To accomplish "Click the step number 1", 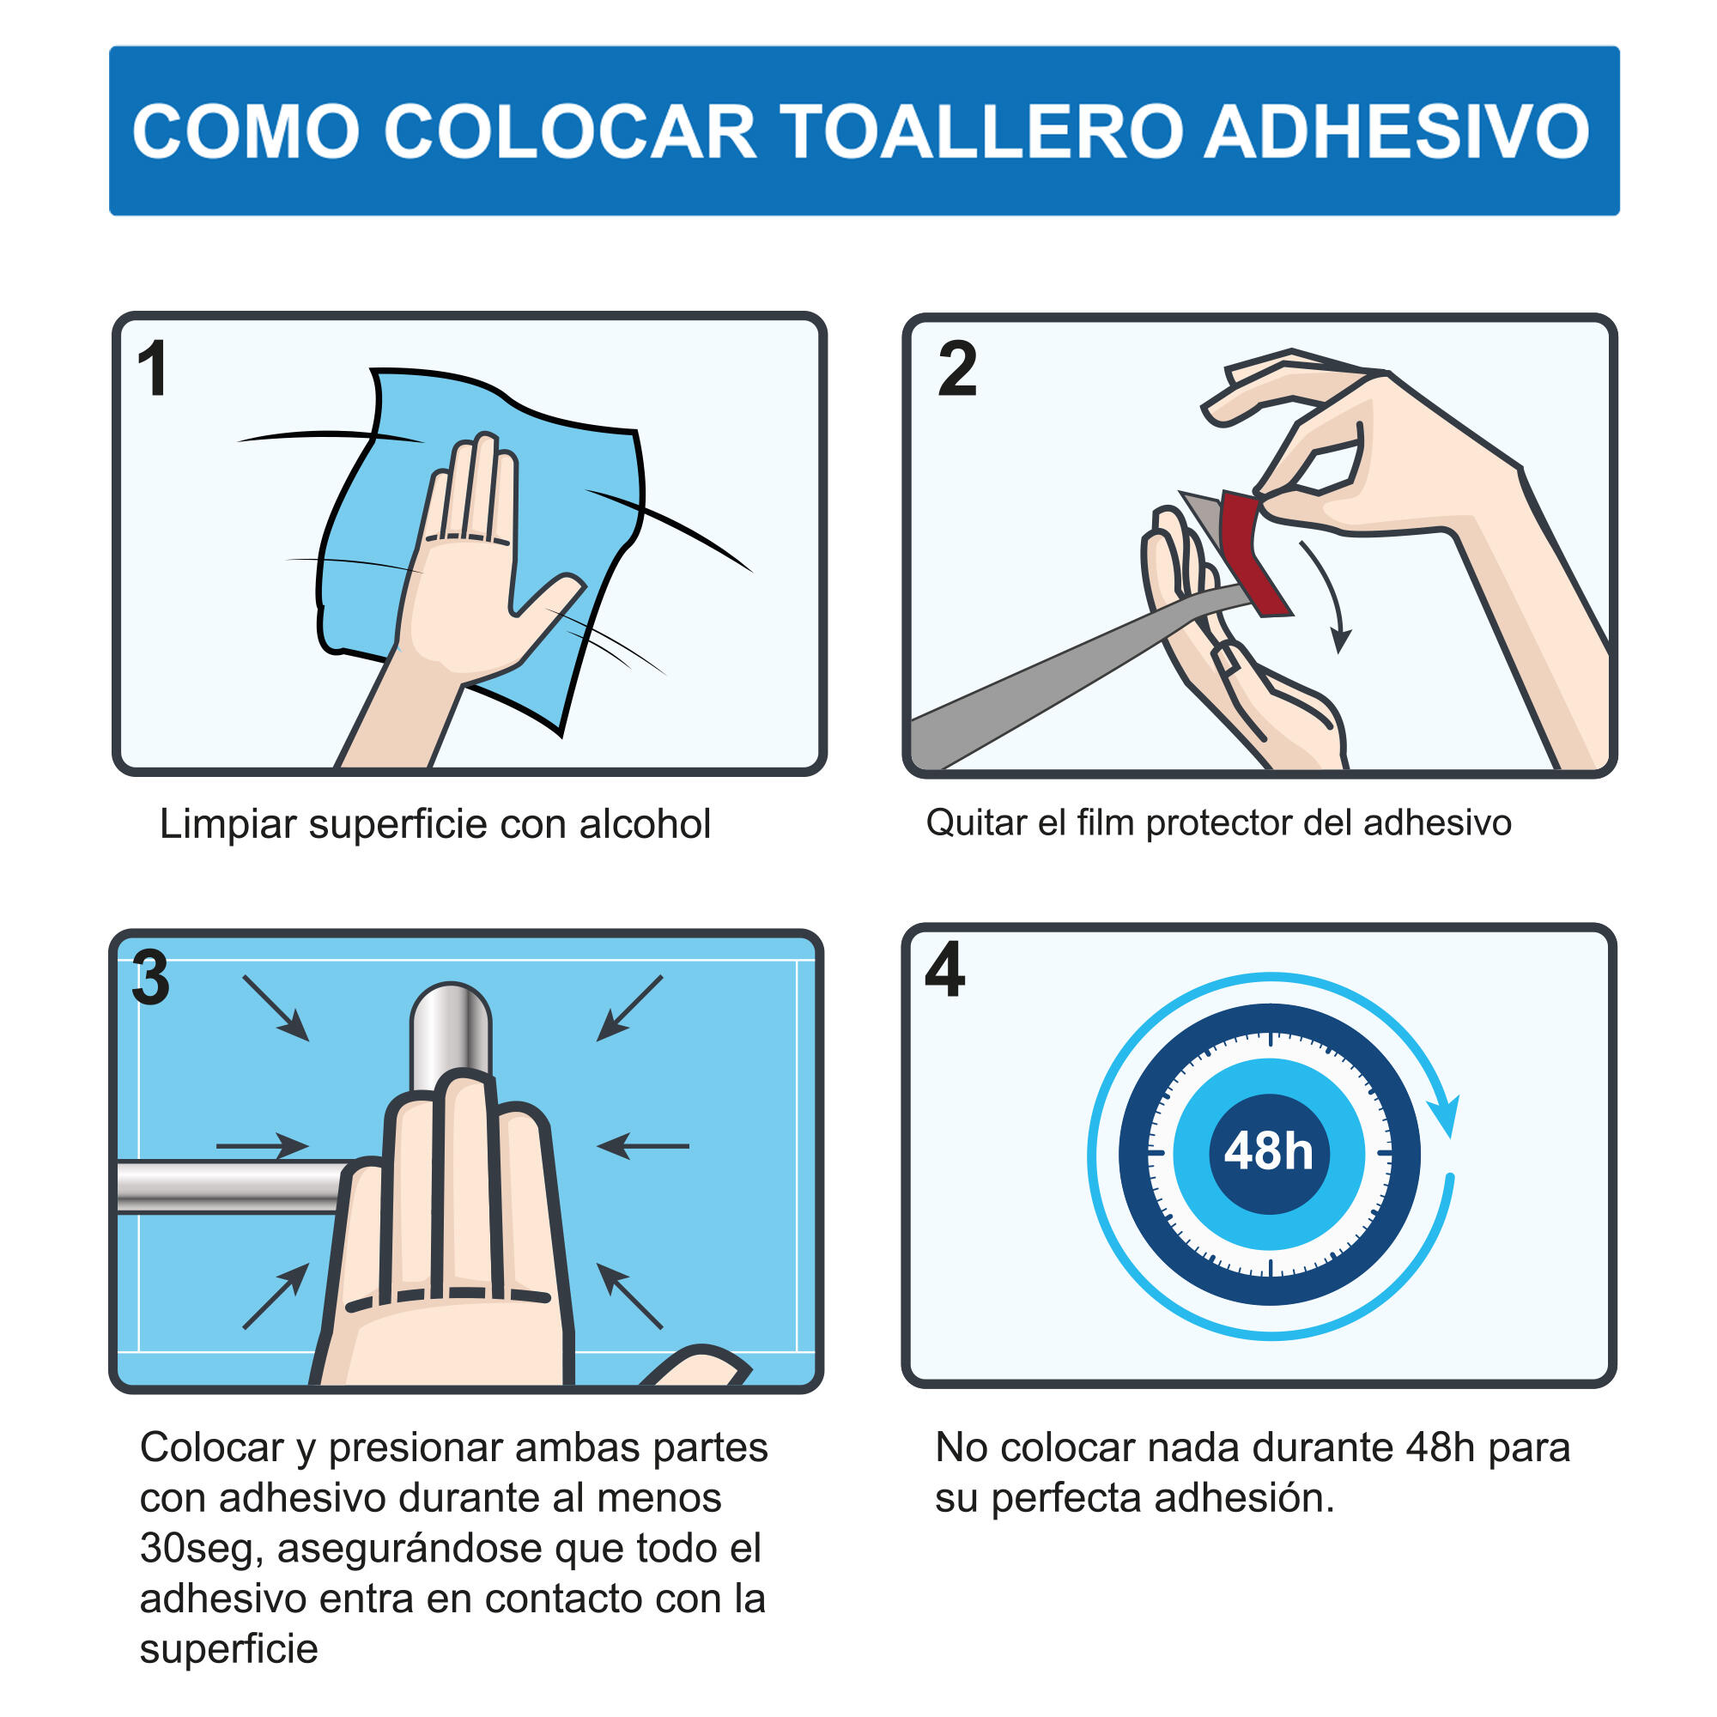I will point(153,369).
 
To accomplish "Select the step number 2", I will point(957,369).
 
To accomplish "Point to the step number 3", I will point(149,979).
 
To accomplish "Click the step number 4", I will point(943,969).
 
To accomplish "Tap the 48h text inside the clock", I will point(1268,1152).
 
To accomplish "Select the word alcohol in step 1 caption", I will point(645,824).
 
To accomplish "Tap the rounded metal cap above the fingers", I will point(451,1031).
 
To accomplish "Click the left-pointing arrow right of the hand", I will point(641,1146).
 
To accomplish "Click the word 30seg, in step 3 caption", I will point(201,1549).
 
